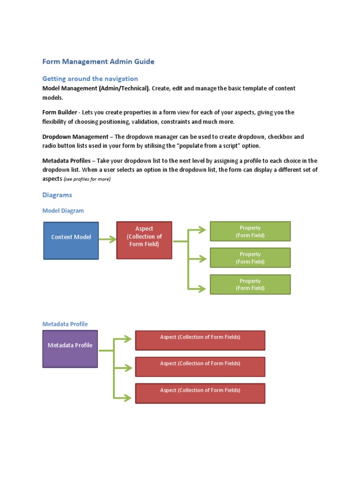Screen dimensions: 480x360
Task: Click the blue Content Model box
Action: [71, 240]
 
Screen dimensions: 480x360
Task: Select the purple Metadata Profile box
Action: [70, 349]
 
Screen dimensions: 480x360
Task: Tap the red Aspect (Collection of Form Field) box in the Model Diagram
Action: [144, 240]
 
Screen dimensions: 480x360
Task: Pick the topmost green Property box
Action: [250, 231]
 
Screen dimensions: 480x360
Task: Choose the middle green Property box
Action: [250, 258]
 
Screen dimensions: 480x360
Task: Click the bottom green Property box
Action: [250, 285]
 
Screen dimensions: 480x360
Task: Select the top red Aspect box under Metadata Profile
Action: [200, 340]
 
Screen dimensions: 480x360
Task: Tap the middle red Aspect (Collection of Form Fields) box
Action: [200, 367]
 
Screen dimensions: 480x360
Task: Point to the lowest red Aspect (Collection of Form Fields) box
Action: [200, 393]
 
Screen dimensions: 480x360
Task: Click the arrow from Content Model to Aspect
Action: [107, 240]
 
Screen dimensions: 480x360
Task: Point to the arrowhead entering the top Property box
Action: [202, 230]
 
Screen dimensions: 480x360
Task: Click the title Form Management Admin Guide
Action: [98, 61]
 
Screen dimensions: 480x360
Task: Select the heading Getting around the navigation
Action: [90, 78]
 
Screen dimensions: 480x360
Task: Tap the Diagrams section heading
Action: [57, 195]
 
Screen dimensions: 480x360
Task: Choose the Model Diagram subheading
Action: [63, 210]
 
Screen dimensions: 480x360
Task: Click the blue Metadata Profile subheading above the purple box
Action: [65, 324]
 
